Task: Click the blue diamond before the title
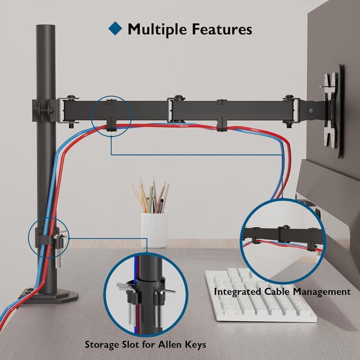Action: (115, 28)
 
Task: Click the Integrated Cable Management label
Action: (282, 291)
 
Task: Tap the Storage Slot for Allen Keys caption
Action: (145, 344)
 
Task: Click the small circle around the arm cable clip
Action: (110, 116)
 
